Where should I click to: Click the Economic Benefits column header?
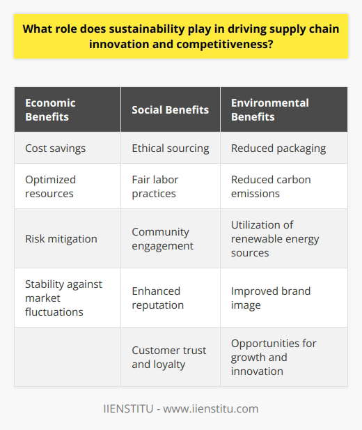click(x=49, y=109)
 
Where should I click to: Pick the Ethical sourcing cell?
click(x=169, y=147)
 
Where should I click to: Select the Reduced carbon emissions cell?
click(x=271, y=186)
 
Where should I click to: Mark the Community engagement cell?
click(x=162, y=238)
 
